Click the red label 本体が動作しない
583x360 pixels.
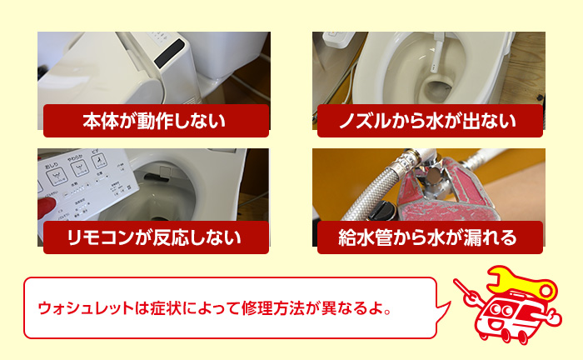click(154, 121)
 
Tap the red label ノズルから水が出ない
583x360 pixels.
click(427, 121)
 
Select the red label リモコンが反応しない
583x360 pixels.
click(154, 237)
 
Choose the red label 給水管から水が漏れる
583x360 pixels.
click(427, 237)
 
